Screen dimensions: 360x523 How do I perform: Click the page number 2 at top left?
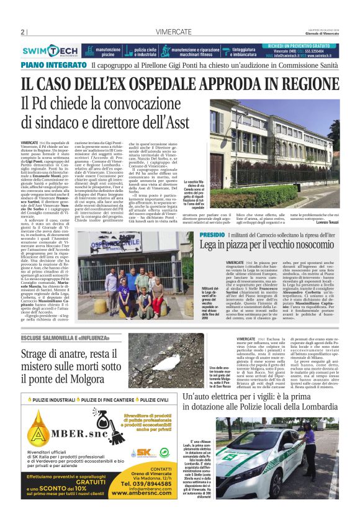pyautogui.click(x=22, y=32)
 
